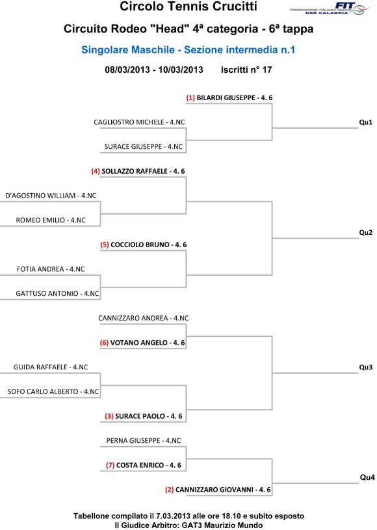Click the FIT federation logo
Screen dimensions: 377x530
(x=330, y=8)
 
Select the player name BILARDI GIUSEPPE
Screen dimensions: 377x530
(x=226, y=98)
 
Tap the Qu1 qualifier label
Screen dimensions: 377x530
(x=365, y=122)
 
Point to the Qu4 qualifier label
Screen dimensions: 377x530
(x=367, y=477)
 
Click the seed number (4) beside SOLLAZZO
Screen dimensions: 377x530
(x=96, y=172)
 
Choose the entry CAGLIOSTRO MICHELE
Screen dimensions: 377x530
(x=129, y=122)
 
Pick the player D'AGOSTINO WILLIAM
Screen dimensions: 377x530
(x=40, y=196)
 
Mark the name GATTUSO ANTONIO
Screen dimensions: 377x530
(x=47, y=294)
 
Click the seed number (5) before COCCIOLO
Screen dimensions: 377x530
(x=105, y=245)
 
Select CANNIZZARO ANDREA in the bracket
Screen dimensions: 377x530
(x=133, y=318)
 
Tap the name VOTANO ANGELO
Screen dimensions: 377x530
(x=139, y=343)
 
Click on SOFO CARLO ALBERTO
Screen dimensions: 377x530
(x=43, y=391)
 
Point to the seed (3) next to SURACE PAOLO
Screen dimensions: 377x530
(x=109, y=416)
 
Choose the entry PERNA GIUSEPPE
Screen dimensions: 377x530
(x=133, y=441)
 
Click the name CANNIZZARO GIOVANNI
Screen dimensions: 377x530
(x=214, y=490)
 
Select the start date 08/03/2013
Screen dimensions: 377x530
(x=127, y=70)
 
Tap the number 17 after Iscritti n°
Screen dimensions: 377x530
(x=267, y=70)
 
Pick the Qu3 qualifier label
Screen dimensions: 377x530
(x=365, y=367)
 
